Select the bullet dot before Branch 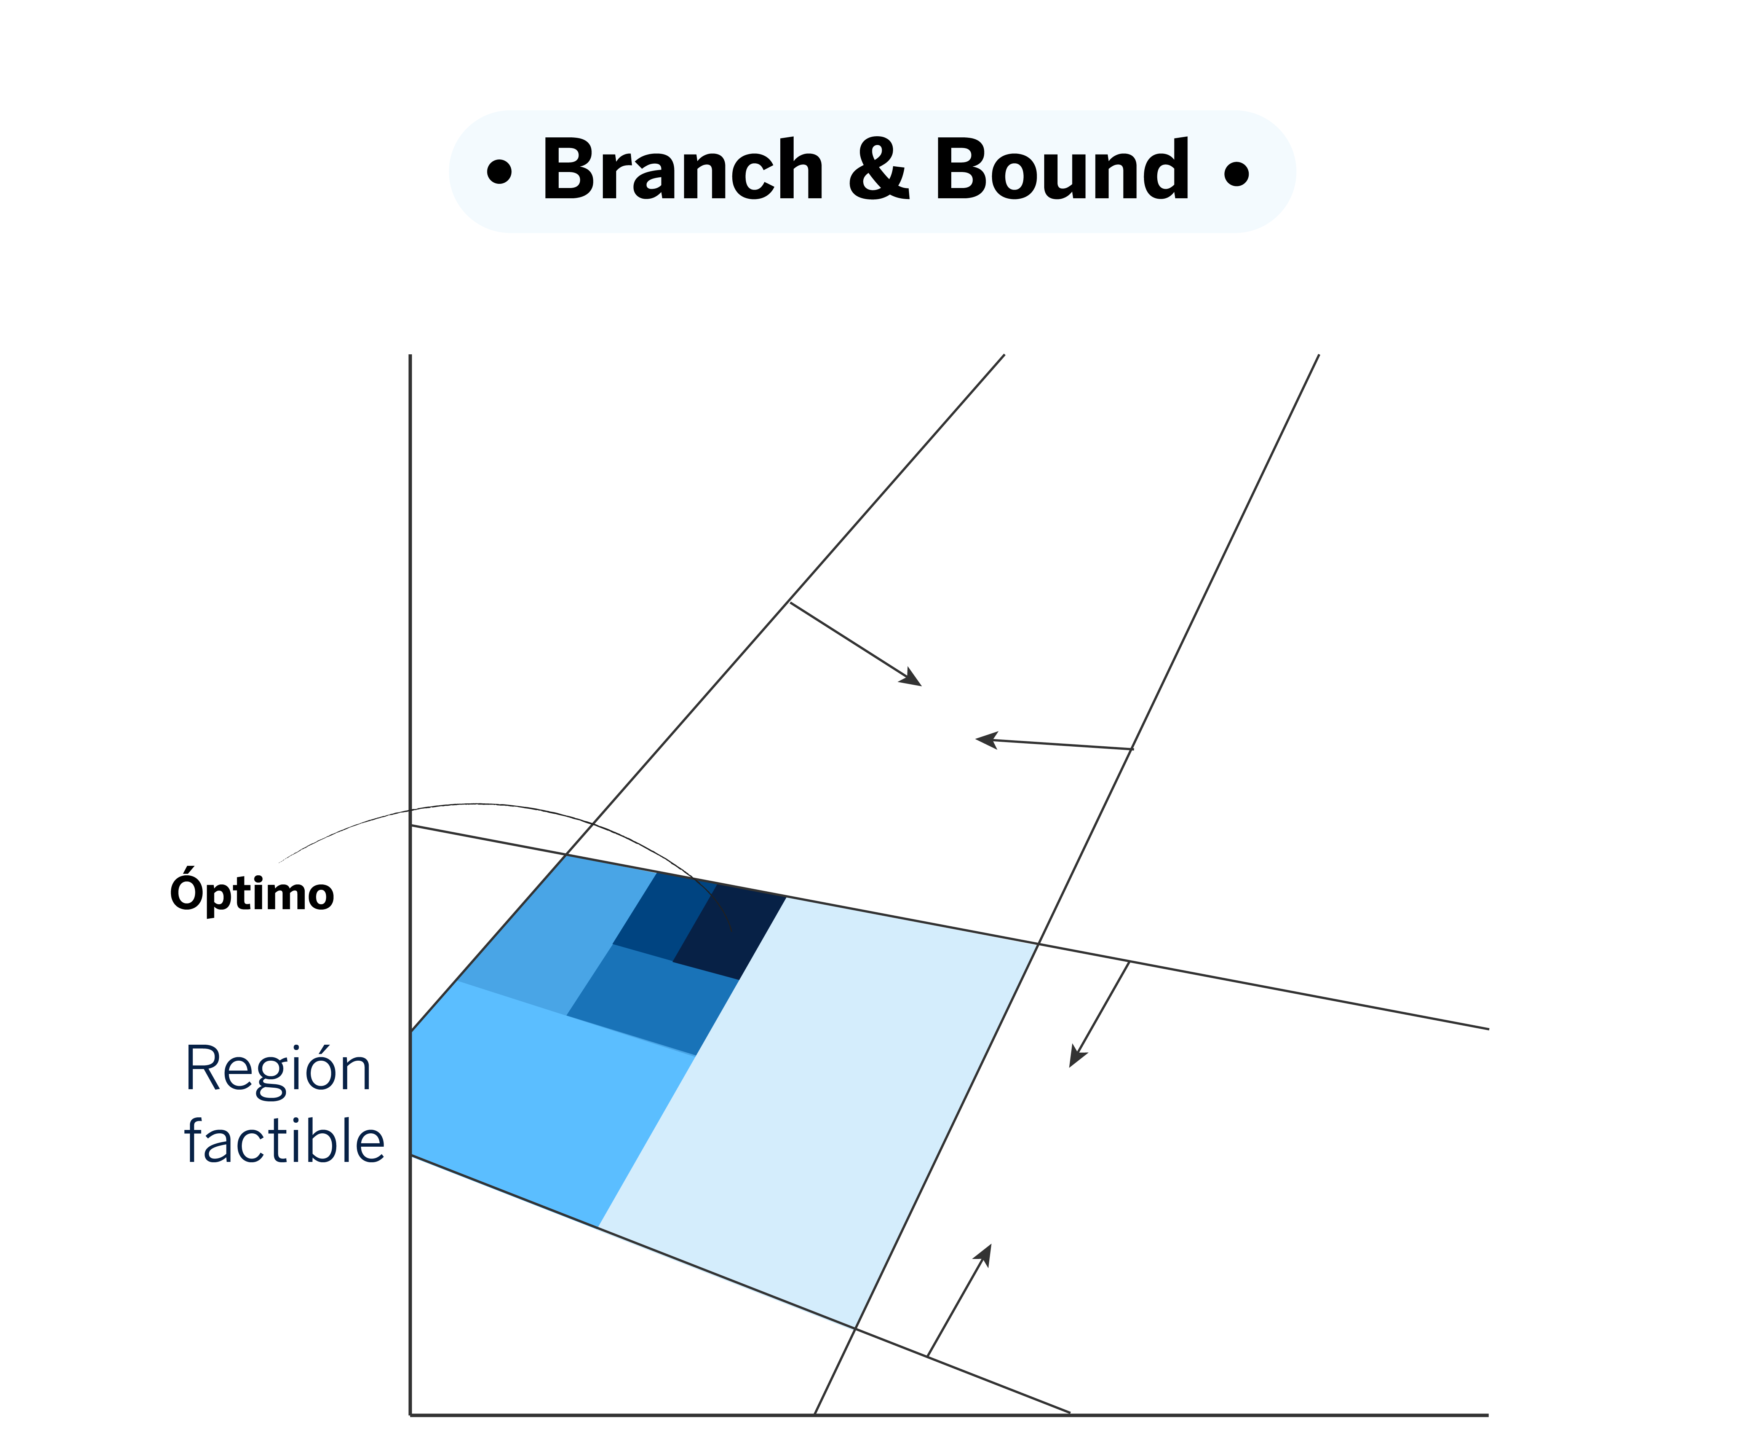[499, 173]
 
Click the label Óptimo [251, 893]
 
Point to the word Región [278, 1070]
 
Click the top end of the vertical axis [410, 357]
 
